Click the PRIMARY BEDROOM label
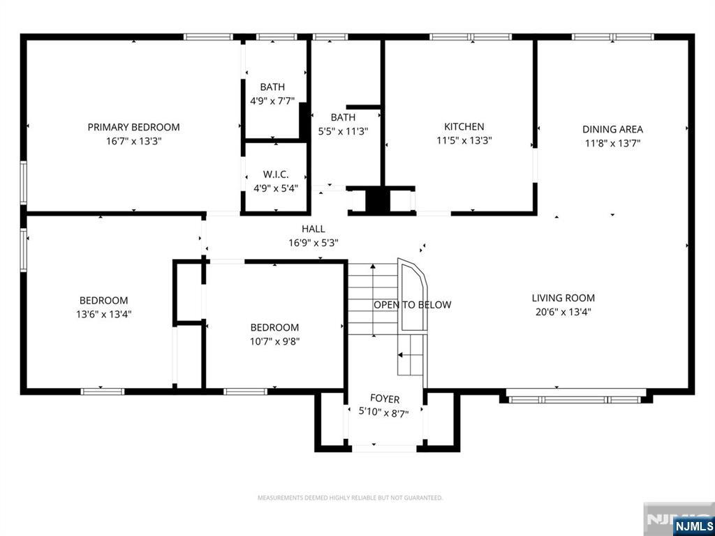(x=133, y=127)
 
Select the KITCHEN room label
(x=464, y=126)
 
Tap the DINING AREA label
(x=612, y=129)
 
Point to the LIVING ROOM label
(x=563, y=298)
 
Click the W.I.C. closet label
(x=275, y=174)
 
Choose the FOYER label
(x=385, y=399)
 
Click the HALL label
(x=313, y=229)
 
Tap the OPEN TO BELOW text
(x=412, y=305)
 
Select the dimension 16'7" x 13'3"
(x=133, y=141)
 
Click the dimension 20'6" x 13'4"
(x=563, y=312)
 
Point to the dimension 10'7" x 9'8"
(x=275, y=341)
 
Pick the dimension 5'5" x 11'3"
(x=343, y=131)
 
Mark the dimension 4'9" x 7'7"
(x=272, y=100)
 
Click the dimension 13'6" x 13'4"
(x=103, y=314)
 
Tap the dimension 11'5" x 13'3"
(x=464, y=140)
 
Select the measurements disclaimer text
(x=350, y=498)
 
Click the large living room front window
(x=574, y=399)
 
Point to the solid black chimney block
(x=377, y=200)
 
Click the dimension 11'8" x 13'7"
(x=612, y=143)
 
